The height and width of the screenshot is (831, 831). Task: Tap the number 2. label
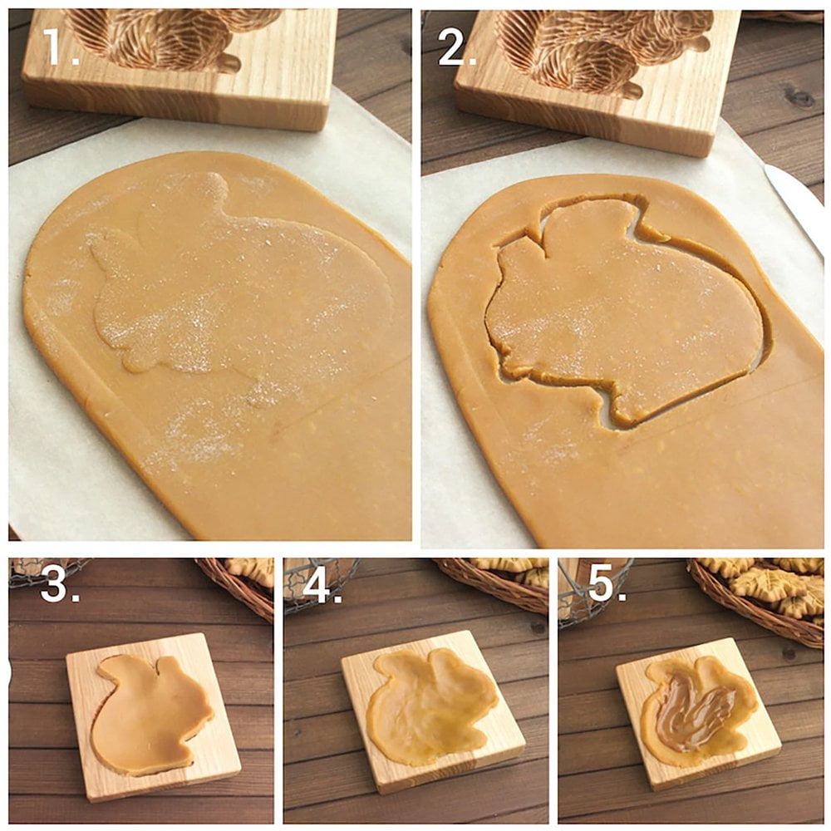tap(457, 48)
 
